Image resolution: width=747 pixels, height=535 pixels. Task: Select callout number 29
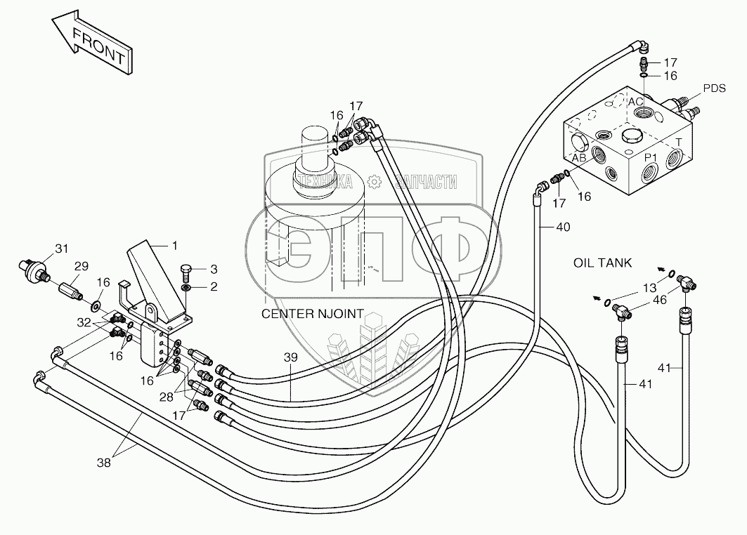[82, 265]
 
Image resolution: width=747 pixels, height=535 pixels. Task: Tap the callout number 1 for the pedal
[175, 245]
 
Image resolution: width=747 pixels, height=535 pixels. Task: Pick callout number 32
[84, 322]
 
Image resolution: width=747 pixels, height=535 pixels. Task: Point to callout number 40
[563, 227]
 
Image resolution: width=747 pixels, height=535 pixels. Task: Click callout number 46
[660, 299]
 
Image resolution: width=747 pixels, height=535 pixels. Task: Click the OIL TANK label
[602, 263]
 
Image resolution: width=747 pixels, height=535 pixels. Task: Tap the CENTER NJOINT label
[313, 314]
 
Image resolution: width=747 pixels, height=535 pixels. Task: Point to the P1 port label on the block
[652, 157]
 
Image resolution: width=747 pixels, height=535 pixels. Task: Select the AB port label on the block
[579, 158]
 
